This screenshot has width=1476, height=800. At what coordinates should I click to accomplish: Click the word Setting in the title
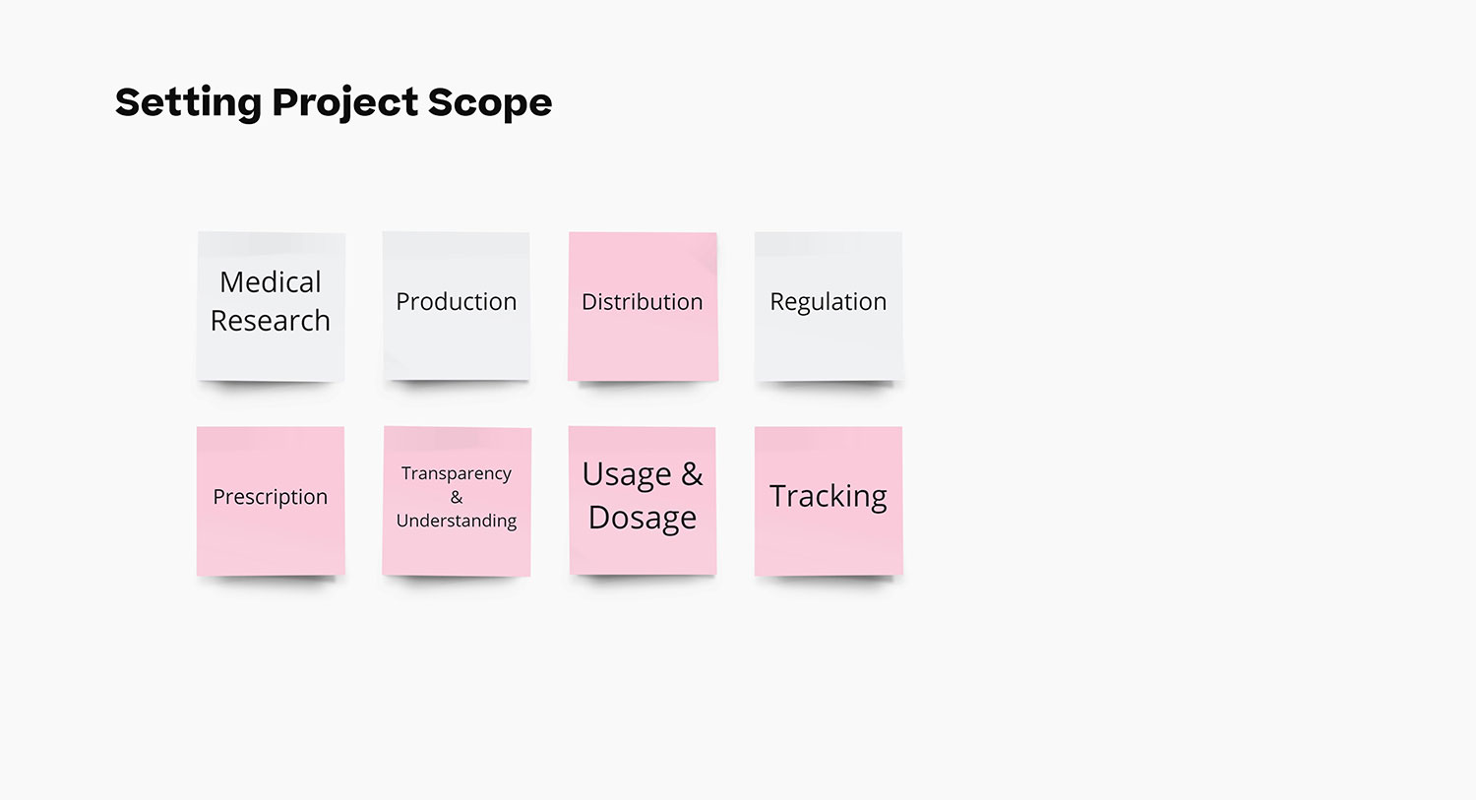[189, 103]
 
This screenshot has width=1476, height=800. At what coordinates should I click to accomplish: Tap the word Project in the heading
[345, 103]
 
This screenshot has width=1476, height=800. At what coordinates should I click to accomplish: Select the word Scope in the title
[490, 103]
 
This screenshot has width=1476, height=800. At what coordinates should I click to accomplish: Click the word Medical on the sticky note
[271, 282]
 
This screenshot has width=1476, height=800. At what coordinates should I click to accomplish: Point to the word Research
[271, 321]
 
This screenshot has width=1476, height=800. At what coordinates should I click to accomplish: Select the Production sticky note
[457, 306]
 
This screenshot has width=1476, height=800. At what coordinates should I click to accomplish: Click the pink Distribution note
[644, 306]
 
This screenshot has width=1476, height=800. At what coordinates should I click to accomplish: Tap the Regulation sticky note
[829, 306]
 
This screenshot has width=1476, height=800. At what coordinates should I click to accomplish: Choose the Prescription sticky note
[271, 501]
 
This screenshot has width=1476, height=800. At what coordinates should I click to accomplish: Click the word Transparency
[457, 474]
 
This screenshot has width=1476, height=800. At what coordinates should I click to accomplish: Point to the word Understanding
[457, 521]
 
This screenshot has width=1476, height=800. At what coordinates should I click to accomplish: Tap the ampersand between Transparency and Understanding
[457, 498]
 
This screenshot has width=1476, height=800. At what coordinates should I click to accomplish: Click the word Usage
[627, 475]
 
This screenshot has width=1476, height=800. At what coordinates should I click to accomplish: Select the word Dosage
[643, 518]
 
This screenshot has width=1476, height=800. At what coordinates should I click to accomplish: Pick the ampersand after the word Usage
[692, 474]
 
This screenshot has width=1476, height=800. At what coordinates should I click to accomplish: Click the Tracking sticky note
[829, 501]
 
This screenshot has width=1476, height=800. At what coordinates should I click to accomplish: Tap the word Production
[456, 302]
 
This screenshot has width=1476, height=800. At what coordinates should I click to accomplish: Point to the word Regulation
[829, 302]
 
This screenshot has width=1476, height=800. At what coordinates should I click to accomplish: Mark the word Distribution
[643, 302]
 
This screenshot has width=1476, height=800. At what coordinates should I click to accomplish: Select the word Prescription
[271, 497]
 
